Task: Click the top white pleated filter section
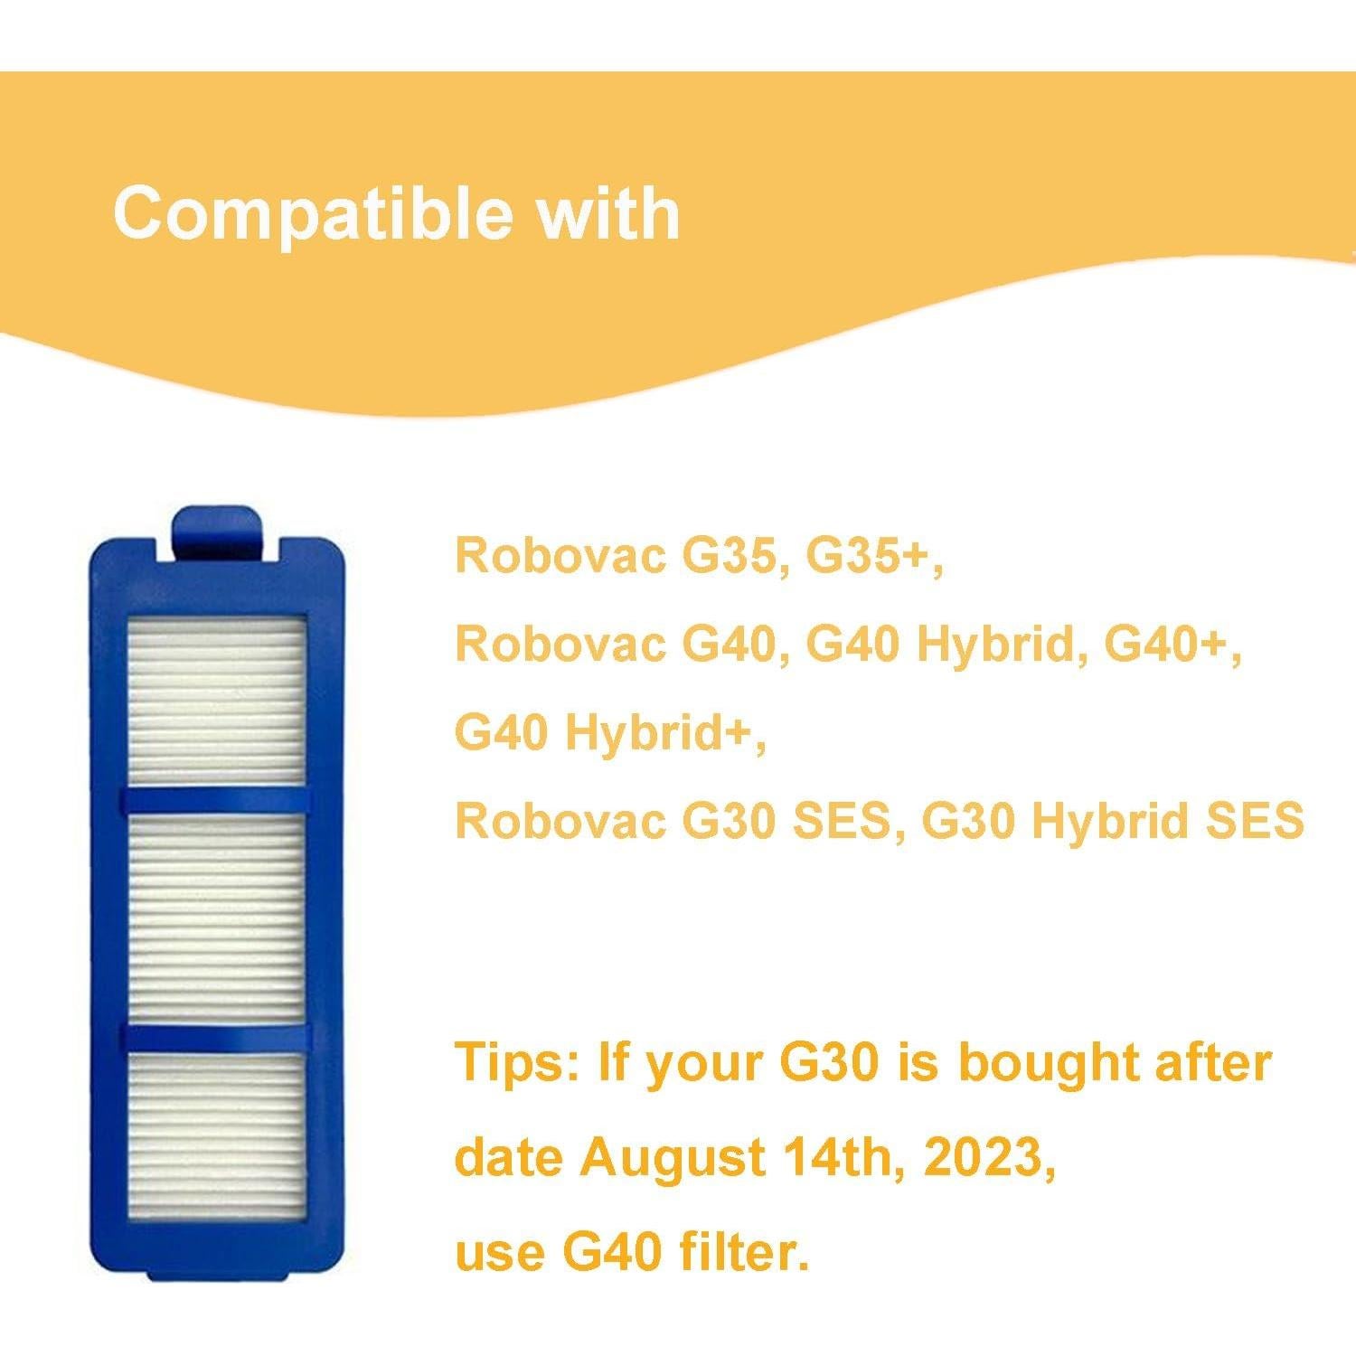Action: [217, 701]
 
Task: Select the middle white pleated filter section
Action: [217, 918]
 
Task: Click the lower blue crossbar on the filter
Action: [217, 1037]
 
